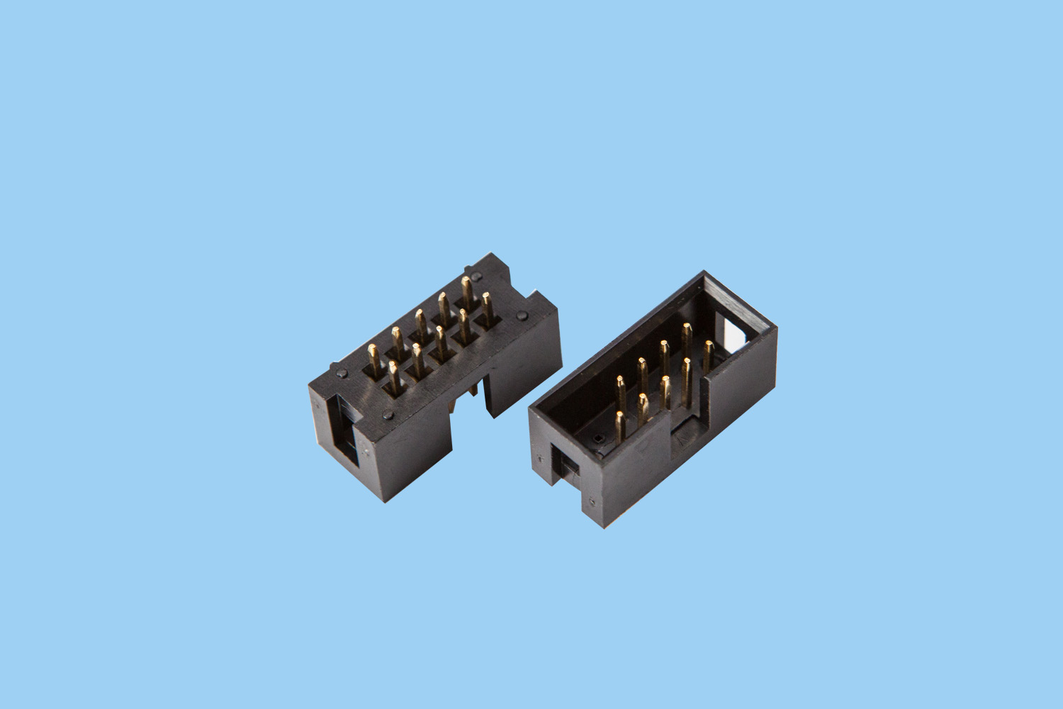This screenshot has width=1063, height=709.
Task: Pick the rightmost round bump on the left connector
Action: click(522, 315)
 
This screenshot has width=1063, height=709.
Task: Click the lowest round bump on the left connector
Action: click(388, 415)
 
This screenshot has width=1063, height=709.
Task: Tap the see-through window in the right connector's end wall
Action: click(737, 333)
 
